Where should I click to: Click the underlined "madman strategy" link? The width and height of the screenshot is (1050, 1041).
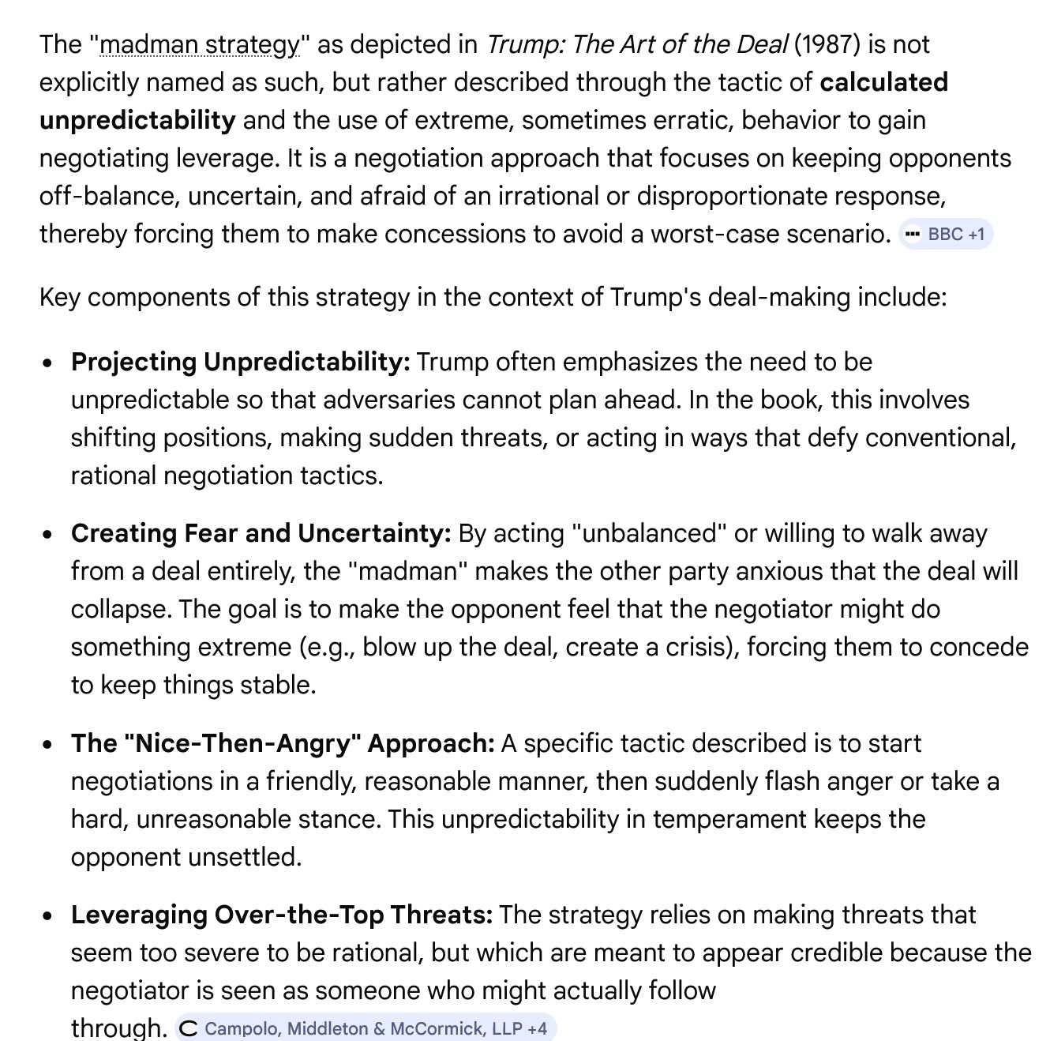tap(200, 45)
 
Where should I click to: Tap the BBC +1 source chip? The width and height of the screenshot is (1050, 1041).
tap(946, 235)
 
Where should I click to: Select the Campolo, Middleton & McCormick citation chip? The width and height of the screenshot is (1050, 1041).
tap(366, 1028)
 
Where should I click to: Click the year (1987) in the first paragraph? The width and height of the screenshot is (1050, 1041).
tap(827, 45)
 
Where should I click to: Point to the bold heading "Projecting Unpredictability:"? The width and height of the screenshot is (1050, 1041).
tap(240, 362)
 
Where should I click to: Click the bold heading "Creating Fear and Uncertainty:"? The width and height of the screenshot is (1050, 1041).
tap(261, 533)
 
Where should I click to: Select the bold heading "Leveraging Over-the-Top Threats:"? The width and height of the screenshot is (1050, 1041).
tap(282, 915)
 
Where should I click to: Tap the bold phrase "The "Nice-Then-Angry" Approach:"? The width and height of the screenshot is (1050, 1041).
tap(283, 743)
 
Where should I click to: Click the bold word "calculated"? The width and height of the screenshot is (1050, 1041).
tap(883, 82)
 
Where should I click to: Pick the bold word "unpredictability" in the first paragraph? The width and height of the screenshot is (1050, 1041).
tap(137, 120)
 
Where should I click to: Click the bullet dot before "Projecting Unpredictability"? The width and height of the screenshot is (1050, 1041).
tap(49, 363)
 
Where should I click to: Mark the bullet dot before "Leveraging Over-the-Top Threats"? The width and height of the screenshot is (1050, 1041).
tap(49, 916)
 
